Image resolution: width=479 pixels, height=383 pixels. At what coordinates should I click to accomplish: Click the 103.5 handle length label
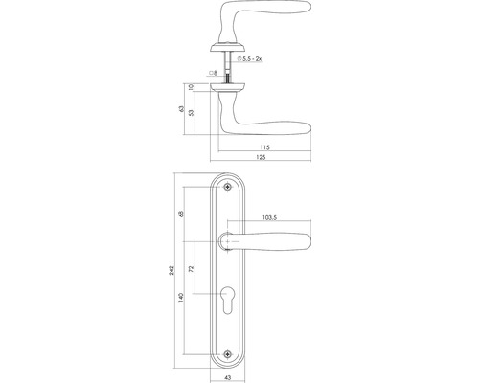click(x=270, y=219)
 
